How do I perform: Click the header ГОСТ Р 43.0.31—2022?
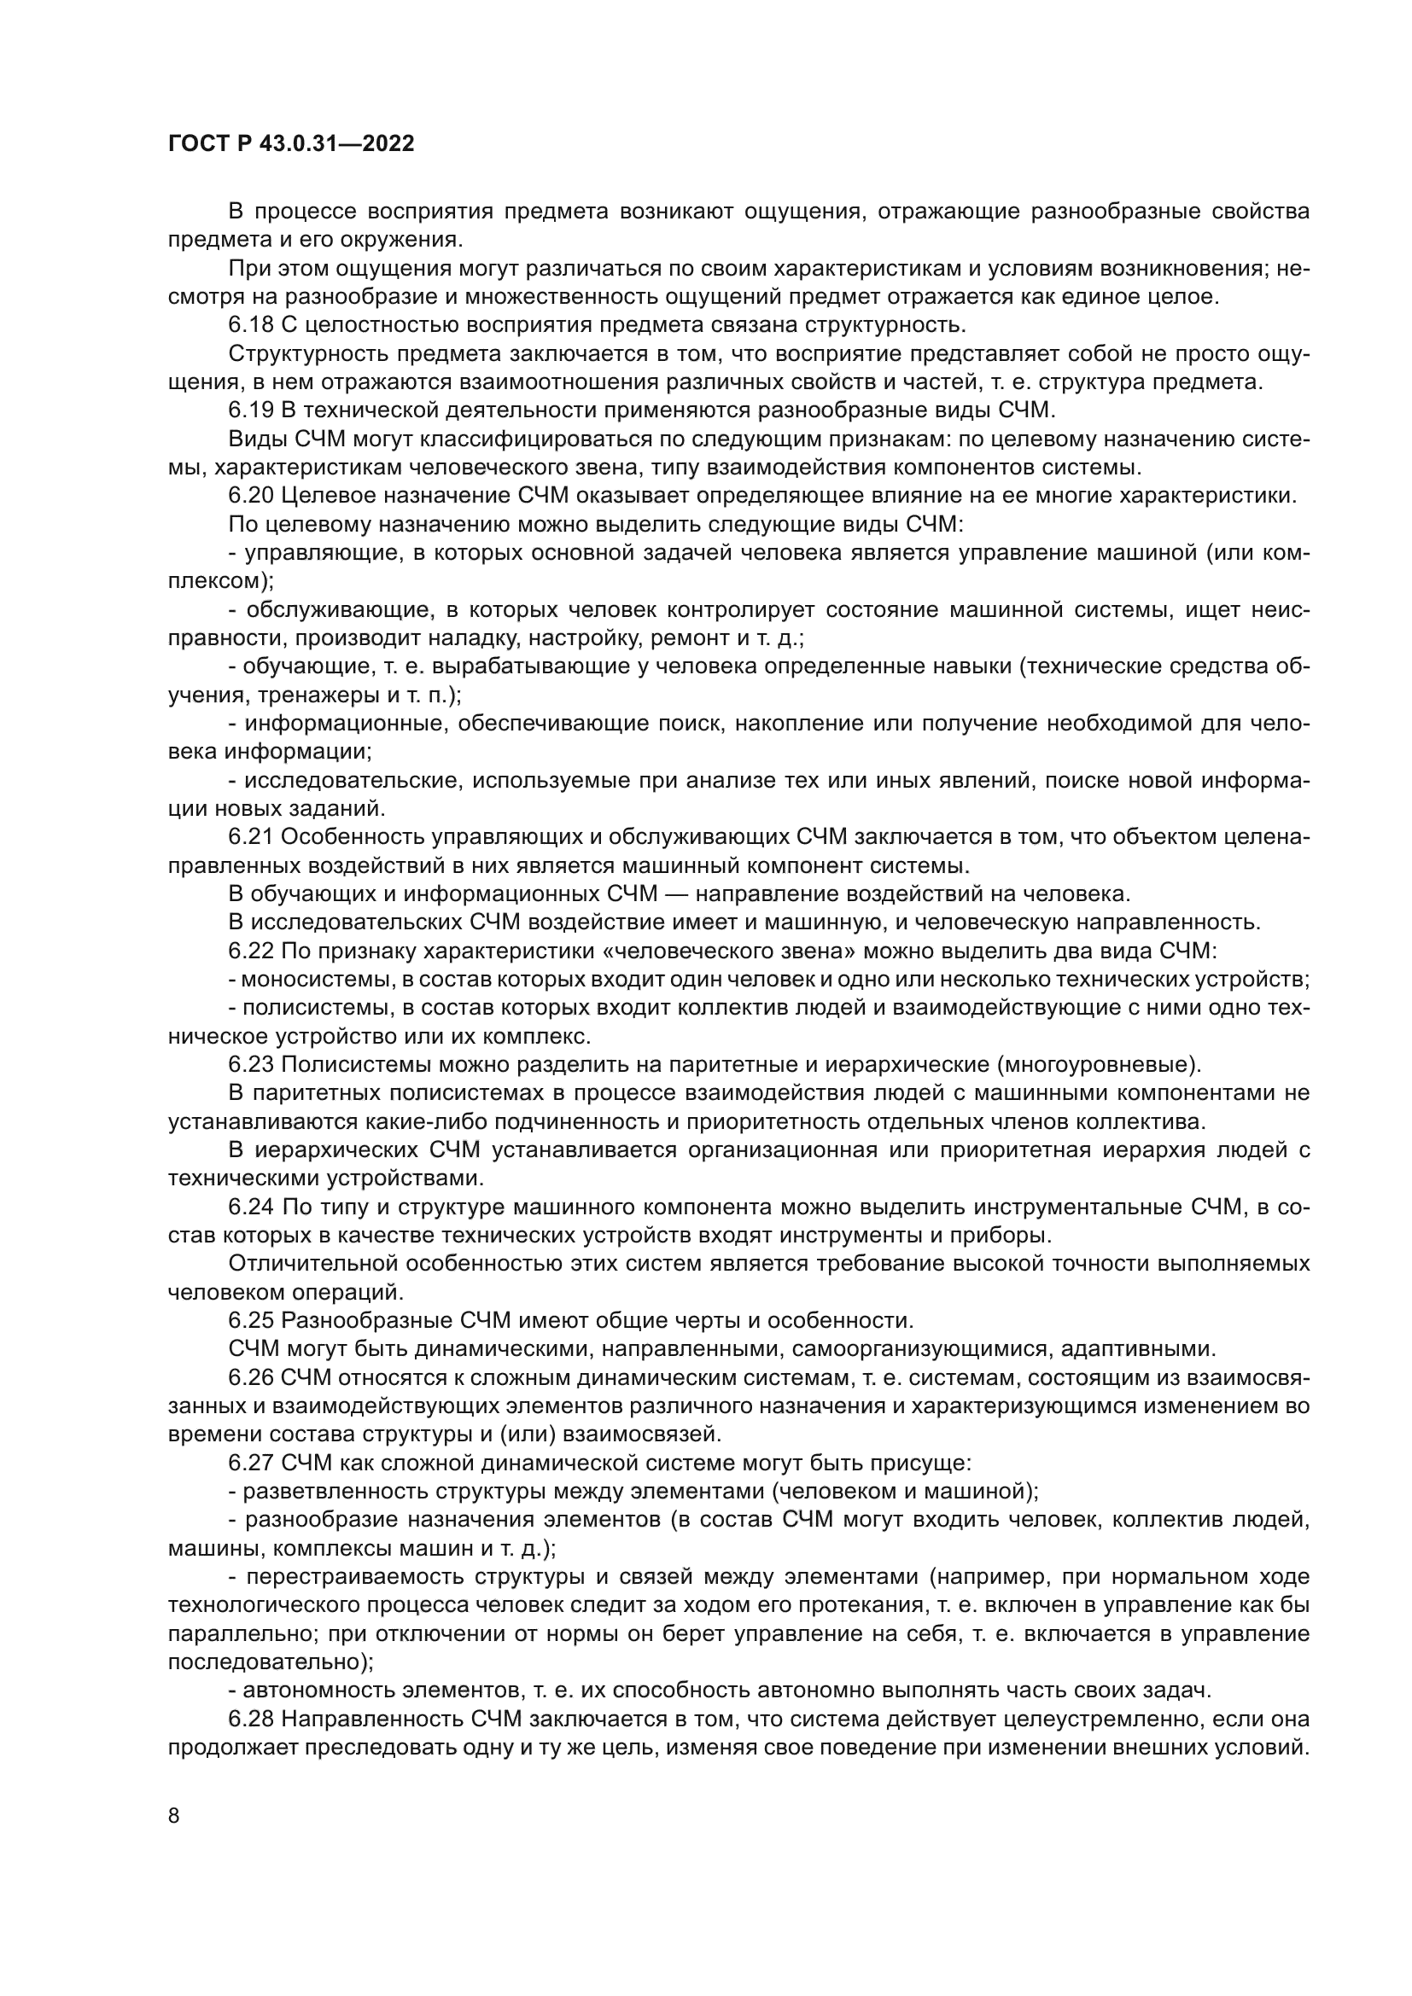coord(291,143)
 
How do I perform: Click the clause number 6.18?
coord(251,325)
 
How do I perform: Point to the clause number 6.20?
coord(251,496)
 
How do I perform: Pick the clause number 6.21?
coord(251,837)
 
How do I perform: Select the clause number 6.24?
coord(251,1207)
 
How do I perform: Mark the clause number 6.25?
coord(251,1320)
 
